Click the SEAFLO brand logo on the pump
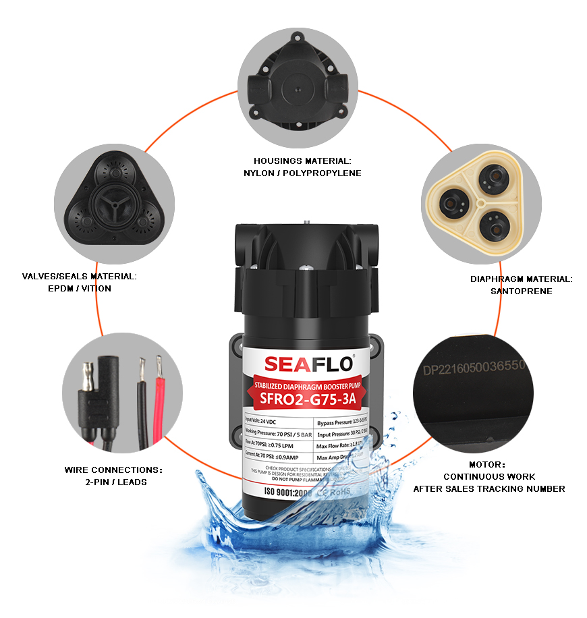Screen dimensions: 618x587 coord(308,363)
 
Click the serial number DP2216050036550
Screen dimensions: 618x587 coord(473,369)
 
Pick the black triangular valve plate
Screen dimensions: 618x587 coord(114,202)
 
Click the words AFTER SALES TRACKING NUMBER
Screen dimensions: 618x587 coord(489,488)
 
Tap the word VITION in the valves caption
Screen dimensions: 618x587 coord(98,288)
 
